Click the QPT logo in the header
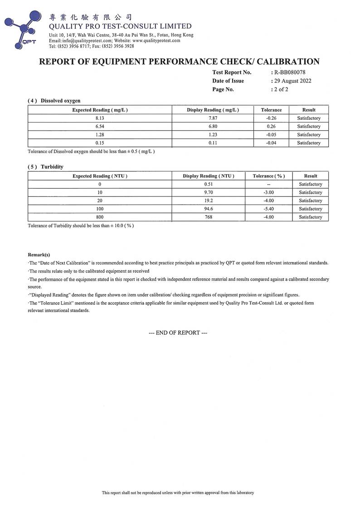tap(23, 28)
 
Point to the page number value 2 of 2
tap(281, 89)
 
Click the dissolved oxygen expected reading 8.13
tap(100, 118)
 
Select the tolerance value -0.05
tap(272, 135)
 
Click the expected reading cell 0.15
tap(100, 143)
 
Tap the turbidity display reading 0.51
tap(208, 184)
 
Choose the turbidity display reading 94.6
tap(208, 209)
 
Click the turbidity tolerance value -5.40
tap(268, 209)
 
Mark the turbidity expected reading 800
tap(100, 217)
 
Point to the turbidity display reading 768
tap(208, 217)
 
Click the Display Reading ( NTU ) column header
tap(208, 176)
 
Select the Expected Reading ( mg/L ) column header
tap(100, 110)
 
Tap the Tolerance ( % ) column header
tap(268, 176)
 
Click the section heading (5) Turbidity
tap(45, 167)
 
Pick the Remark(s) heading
tap(39, 255)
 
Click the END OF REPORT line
tap(178, 333)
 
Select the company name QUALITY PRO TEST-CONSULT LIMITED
tap(120, 26)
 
